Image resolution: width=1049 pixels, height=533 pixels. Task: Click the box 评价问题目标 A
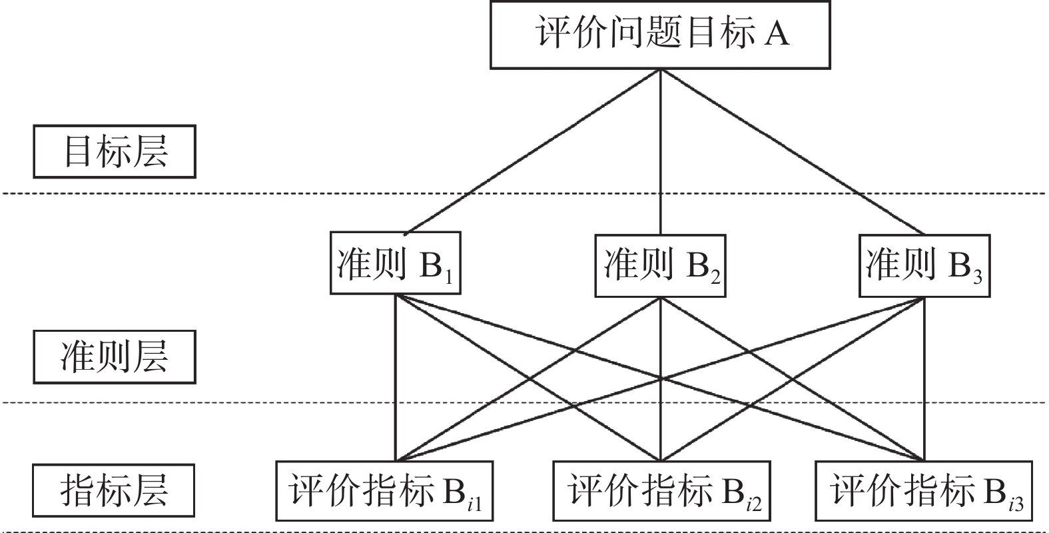point(659,34)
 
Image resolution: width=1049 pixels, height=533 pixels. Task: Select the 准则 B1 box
point(396,263)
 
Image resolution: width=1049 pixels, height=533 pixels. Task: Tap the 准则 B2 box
point(659,265)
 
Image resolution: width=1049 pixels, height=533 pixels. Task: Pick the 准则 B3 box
point(924,265)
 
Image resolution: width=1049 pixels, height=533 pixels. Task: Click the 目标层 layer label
point(115,151)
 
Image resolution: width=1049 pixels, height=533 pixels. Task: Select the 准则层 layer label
point(115,356)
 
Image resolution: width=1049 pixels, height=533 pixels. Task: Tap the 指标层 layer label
point(115,491)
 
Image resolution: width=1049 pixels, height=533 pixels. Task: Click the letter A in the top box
point(777,33)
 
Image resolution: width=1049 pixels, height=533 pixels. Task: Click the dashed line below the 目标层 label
point(200,193)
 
